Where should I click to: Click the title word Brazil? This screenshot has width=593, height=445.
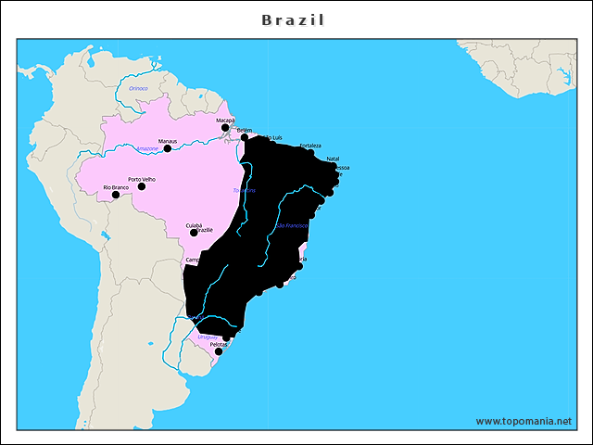(293, 19)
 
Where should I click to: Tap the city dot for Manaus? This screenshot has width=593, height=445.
(168, 148)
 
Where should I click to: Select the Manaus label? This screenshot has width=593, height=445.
(168, 141)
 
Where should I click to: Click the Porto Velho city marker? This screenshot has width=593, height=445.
(142, 186)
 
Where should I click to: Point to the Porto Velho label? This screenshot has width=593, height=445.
(142, 179)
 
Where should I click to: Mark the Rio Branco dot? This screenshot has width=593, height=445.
(116, 195)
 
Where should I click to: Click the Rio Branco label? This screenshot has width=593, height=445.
(116, 187)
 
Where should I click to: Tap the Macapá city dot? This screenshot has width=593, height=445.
(225, 128)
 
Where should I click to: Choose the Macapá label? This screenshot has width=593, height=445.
(225, 121)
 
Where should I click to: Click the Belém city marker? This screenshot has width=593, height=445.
(245, 138)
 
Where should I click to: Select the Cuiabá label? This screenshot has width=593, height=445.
(194, 225)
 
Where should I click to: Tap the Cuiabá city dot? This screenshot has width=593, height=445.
(194, 233)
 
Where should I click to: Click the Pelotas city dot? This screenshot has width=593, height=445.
(219, 351)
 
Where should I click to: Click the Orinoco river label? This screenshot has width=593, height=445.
(138, 87)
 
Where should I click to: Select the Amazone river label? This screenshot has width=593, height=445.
(146, 148)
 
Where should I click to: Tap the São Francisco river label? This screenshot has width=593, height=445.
(293, 225)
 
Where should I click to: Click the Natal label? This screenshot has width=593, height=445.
(333, 159)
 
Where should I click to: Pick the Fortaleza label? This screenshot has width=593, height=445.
(310, 146)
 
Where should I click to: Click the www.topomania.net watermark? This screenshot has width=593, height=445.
(524, 421)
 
